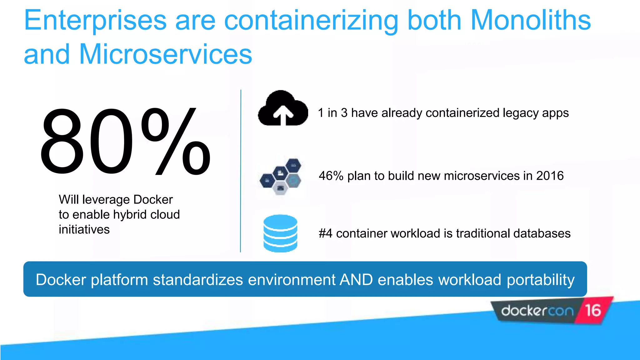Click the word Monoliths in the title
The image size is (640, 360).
530,20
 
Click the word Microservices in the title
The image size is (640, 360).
165,54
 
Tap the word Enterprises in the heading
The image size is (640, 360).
95,20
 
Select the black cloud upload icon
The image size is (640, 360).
283,109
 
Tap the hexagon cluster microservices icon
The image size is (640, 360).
281,177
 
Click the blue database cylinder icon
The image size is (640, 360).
280,233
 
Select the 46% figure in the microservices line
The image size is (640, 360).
331,176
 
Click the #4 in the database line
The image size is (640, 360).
325,233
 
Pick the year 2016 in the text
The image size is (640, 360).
550,176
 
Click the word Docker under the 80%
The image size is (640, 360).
153,200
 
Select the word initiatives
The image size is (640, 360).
84,230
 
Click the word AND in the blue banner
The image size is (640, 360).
356,279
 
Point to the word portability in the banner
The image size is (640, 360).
540,280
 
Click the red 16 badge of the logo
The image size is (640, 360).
593,310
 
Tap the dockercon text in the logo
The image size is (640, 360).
537,311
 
